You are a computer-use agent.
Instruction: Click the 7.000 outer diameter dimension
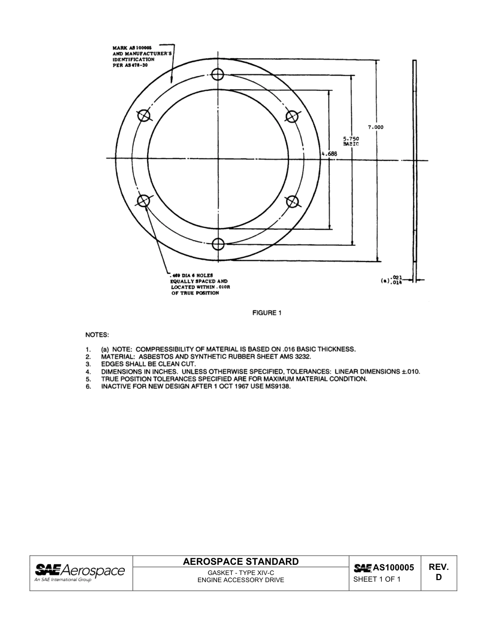pos(375,127)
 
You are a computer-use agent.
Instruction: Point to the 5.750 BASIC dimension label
pos(351,141)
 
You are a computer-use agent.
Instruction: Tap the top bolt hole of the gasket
pos(218,75)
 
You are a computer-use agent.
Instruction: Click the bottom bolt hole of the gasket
pos(218,244)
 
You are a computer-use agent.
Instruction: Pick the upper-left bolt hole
pos(144,116)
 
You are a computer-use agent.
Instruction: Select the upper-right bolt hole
pos(292,117)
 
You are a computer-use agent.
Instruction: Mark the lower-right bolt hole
pos(292,202)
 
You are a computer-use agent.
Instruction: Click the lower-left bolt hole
pos(144,201)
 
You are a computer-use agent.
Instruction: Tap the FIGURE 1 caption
pos(266,313)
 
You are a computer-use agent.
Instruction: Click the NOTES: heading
pos(97,335)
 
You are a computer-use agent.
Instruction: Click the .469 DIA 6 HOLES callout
pos(199,284)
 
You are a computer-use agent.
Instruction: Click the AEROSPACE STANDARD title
pos(240,562)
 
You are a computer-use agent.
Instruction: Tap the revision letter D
pos(438,578)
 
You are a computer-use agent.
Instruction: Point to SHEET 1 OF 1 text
pos(377,579)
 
